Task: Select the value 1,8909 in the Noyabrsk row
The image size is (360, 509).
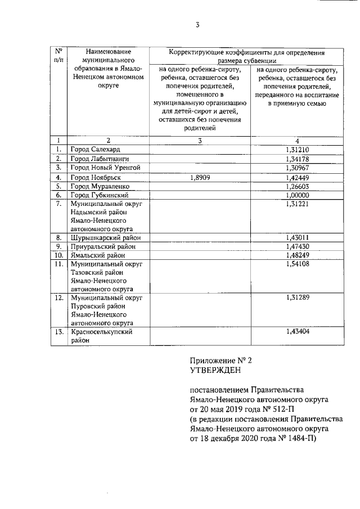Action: click(199, 178)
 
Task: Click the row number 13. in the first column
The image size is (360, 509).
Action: click(58, 332)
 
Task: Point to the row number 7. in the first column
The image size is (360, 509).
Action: click(58, 204)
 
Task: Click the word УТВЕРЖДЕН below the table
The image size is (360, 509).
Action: click(216, 370)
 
